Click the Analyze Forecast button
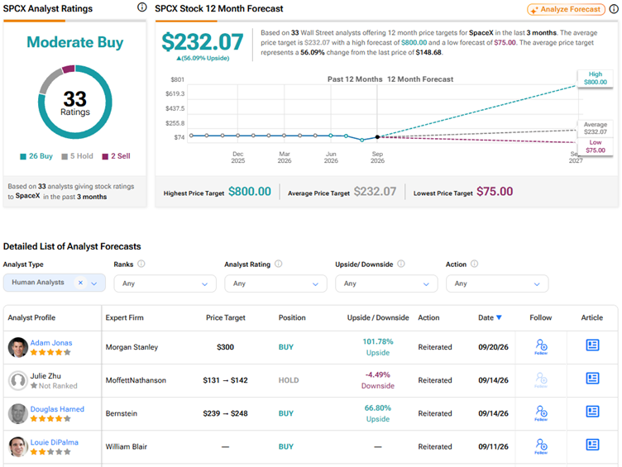566,10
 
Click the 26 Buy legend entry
36,156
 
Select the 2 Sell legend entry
117,156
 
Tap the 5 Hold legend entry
78,156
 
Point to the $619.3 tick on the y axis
175,94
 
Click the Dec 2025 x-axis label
238,157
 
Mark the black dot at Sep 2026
378,136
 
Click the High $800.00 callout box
595,78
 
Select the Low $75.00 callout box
595,146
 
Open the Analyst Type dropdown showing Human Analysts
55,283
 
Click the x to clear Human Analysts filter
80,283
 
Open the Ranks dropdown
165,284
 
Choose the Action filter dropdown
497,284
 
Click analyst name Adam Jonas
51,343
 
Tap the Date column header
490,317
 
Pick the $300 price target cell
225,347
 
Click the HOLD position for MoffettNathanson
289,380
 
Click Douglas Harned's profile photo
18,413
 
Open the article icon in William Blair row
592,445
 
